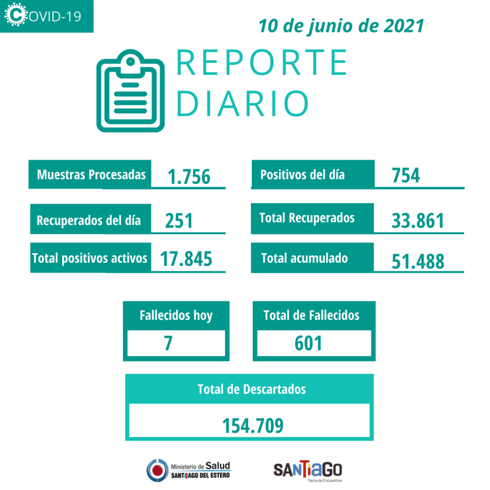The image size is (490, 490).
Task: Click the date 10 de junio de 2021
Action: point(341,26)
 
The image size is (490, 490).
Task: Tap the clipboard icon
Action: point(130,90)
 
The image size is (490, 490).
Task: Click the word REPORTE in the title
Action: point(262,63)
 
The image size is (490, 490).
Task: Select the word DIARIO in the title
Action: point(243,103)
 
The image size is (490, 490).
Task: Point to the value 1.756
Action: point(189,177)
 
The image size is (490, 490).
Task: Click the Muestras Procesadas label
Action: point(91,175)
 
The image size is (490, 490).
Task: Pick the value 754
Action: point(406,175)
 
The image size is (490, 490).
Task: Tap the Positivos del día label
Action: point(302,175)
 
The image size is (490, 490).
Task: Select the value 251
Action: point(178,221)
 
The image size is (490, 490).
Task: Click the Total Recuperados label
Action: point(307,218)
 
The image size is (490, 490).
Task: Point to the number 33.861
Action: point(418,221)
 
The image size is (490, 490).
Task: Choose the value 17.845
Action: point(186,259)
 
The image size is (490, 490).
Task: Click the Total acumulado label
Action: point(304,258)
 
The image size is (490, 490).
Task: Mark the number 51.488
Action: point(418,262)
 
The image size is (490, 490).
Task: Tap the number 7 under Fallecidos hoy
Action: point(168,343)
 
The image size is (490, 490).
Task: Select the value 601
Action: point(308,343)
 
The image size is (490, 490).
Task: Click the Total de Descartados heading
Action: point(252,389)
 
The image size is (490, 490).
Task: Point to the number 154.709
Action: point(253,425)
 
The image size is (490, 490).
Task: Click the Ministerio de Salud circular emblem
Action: point(157,470)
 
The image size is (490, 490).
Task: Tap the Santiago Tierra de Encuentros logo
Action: point(308,471)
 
